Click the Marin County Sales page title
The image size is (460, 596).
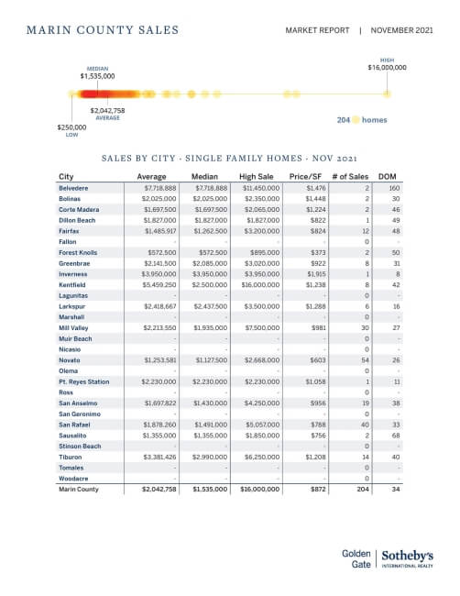click(x=103, y=30)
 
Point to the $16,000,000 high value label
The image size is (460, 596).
click(x=387, y=67)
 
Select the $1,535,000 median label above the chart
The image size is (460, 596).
click(x=96, y=77)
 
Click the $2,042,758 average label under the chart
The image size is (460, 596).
click(x=107, y=110)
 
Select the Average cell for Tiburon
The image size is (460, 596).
click(x=157, y=456)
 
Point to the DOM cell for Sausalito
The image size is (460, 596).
click(x=395, y=434)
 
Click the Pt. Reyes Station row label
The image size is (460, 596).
click(x=83, y=381)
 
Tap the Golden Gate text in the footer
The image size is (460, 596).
click(x=355, y=559)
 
